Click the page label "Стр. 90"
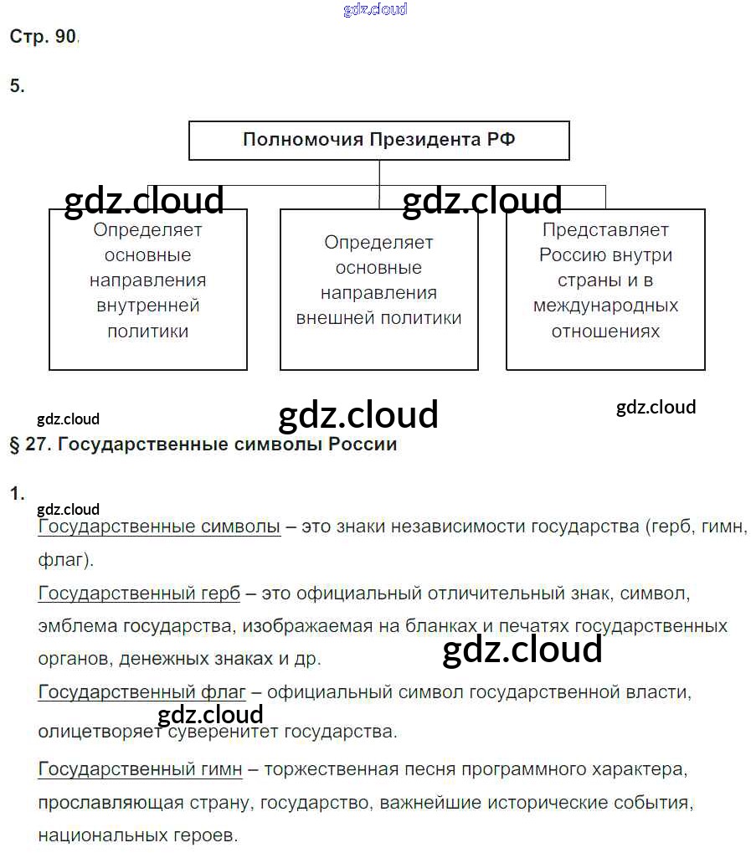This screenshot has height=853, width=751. tap(43, 37)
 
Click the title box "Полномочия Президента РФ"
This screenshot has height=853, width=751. tap(378, 140)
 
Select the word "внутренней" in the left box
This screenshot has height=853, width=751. tap(147, 306)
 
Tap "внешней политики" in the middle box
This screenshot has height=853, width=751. tap(378, 319)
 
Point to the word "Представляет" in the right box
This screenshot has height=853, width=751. tap(605, 229)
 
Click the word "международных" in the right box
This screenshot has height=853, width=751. tap(605, 306)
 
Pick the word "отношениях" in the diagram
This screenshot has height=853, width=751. tap(605, 331)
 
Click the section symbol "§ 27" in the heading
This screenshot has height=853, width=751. tap(26, 444)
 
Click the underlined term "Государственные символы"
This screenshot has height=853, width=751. tap(159, 527)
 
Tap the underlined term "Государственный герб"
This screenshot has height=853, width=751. tap(139, 594)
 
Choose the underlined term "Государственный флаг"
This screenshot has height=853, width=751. tap(141, 692)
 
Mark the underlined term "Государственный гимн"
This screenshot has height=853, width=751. tap(140, 768)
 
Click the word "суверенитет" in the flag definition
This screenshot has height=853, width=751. tap(228, 732)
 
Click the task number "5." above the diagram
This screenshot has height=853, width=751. tap(18, 85)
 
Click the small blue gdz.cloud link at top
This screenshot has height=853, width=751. tap(375, 10)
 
